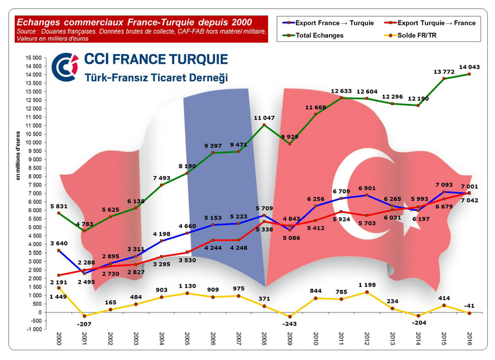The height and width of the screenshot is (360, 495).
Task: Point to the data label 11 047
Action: pyautogui.click(x=265, y=117)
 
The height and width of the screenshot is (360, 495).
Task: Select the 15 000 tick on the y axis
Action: pyautogui.click(x=32, y=57)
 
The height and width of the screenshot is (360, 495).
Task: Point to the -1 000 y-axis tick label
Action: pyautogui.click(x=32, y=329)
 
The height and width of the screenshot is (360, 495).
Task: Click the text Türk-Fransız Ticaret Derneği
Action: pyautogui.click(x=157, y=78)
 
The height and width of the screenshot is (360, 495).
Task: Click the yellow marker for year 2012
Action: pyautogui.click(x=367, y=292)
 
